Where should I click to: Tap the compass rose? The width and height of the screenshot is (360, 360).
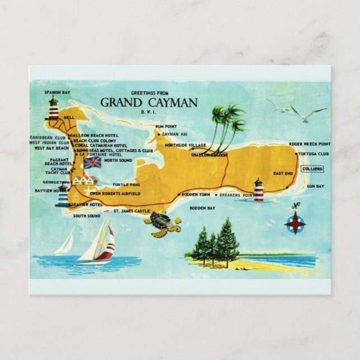pos(295,222)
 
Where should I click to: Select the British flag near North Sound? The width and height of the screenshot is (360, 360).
pos(92,162)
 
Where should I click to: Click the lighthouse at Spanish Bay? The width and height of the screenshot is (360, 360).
pos(54,108)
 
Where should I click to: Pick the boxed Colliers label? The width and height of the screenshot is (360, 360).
pos(312,168)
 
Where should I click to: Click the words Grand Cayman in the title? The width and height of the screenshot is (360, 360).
pos(149,102)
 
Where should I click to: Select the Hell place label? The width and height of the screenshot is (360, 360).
pos(69,117)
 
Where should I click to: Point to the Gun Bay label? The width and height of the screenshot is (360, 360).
pos(315,186)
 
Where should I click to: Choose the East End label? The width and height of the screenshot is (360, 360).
pos(282,173)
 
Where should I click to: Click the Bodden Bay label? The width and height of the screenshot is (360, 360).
pos(202,208)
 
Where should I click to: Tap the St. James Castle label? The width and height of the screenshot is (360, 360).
pos(132,211)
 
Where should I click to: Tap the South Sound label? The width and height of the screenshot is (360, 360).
pos(87,216)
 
